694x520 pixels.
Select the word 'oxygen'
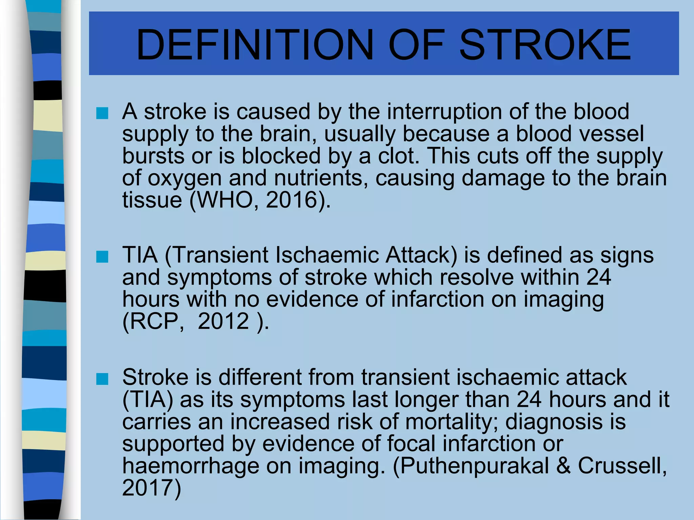coord(185,178)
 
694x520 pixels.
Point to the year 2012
coord(223,321)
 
